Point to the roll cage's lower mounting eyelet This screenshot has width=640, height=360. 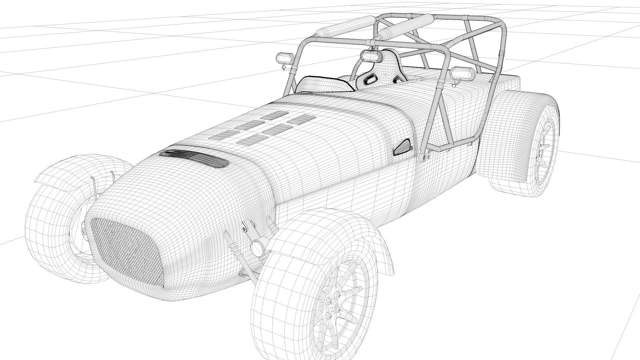[424, 157]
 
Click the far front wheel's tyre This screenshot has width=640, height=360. [50, 230]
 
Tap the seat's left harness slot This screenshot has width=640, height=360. [370, 79]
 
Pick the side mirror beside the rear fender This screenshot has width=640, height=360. [461, 73]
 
